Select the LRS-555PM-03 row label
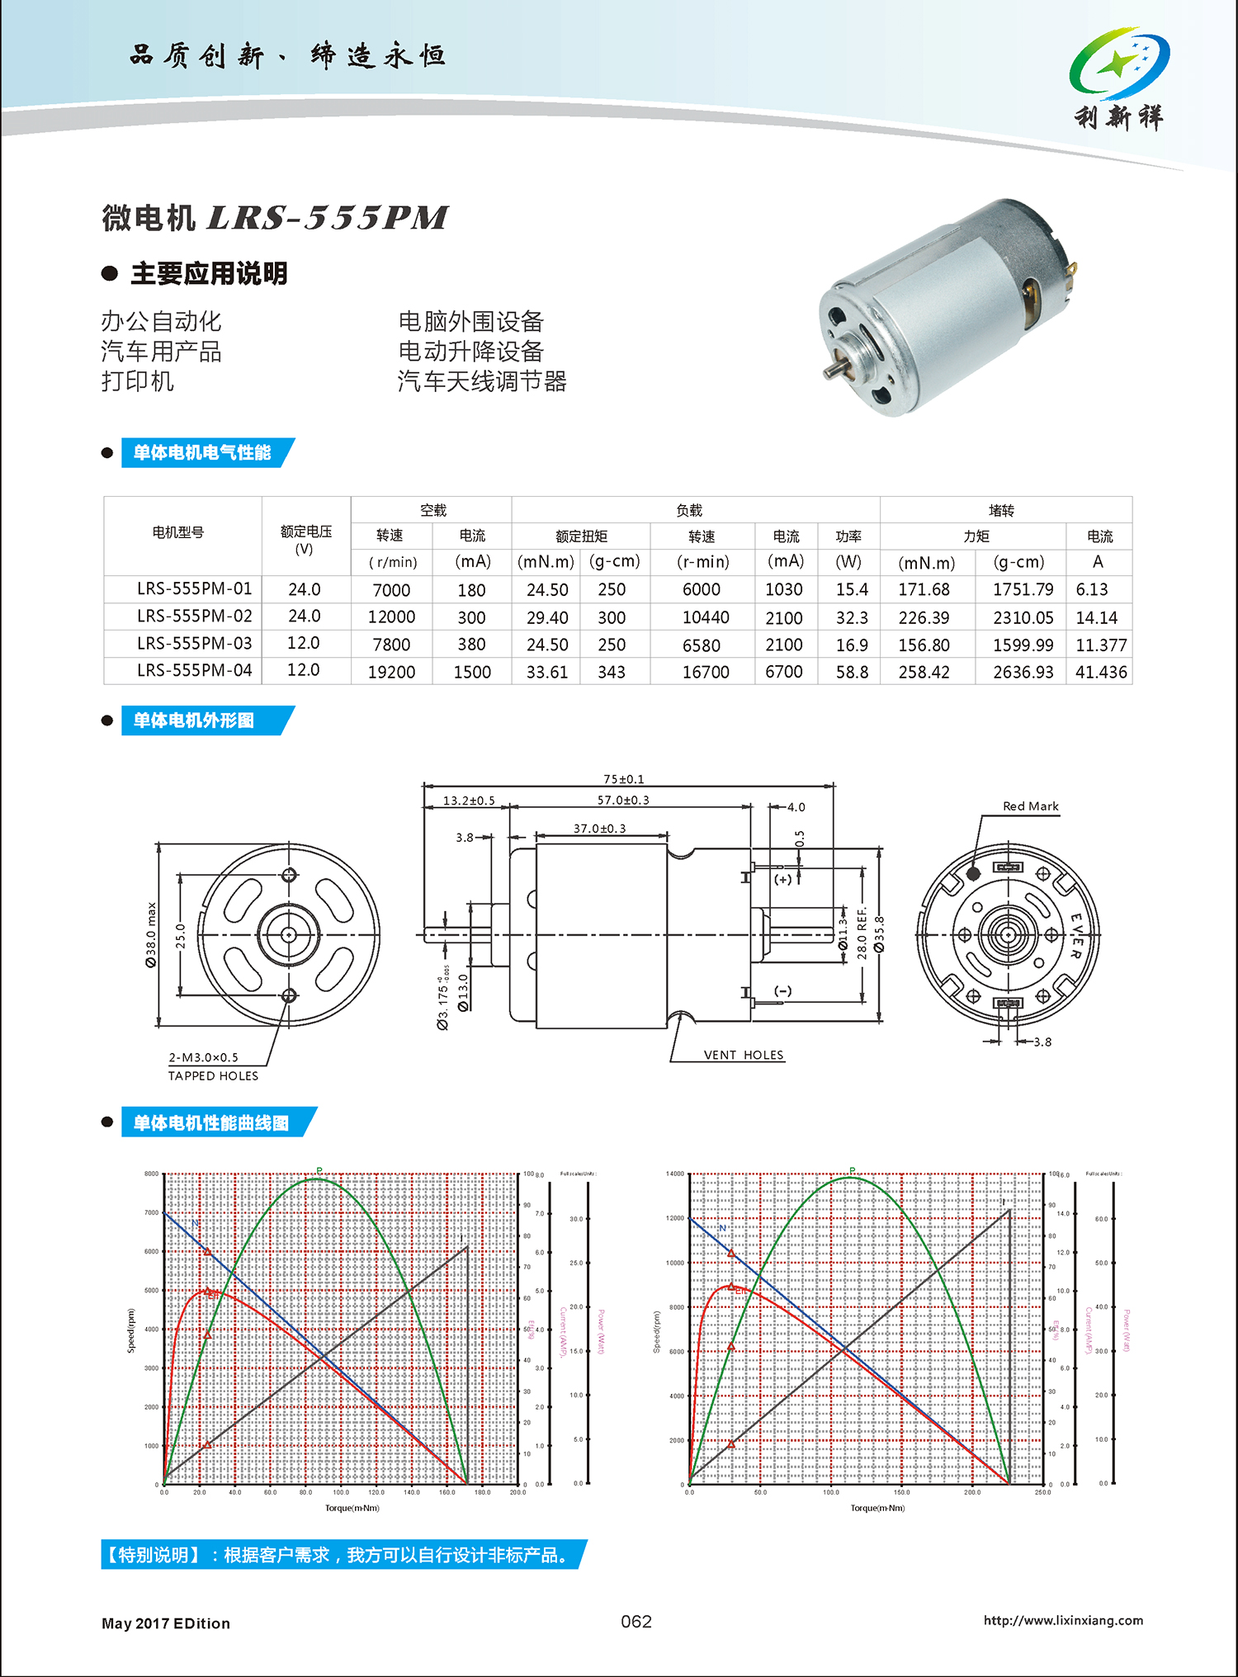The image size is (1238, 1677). [194, 644]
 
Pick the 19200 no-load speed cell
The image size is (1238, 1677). [391, 672]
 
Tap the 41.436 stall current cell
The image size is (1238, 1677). [1100, 672]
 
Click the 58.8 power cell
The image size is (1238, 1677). [852, 672]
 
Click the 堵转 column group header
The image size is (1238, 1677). [1001, 510]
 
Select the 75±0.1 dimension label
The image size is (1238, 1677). [624, 779]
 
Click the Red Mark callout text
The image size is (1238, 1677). [1030, 806]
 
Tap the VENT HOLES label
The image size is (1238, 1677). [744, 1055]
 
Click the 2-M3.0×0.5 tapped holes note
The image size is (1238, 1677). [204, 1057]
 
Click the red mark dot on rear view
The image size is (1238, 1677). [973, 873]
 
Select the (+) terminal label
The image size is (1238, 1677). [782, 879]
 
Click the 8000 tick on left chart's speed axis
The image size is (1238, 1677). [152, 1174]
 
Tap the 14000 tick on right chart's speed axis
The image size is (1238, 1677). [675, 1174]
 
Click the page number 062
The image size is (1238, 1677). [636, 1622]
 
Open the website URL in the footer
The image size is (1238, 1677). [1063, 1620]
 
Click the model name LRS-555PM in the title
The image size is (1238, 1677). [327, 218]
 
